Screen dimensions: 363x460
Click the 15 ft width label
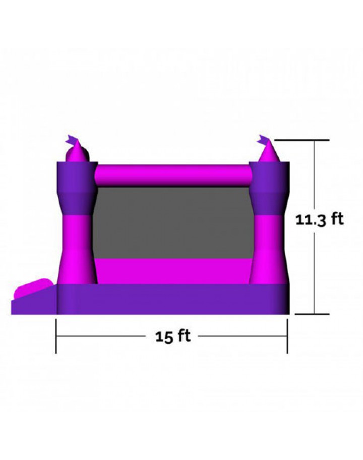pos(173,336)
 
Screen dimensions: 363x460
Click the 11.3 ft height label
pos(319,220)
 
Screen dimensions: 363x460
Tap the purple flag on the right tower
pos(263,140)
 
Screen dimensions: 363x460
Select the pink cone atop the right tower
pos(269,151)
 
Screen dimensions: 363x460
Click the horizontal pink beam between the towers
pos(173,176)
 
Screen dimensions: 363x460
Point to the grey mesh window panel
pos(173,222)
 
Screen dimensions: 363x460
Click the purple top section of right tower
pos(269,188)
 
